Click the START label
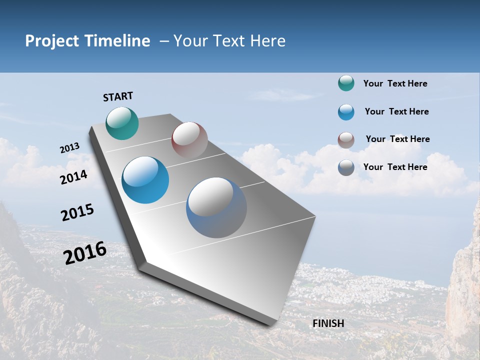tap(118, 96)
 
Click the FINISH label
tap(328, 323)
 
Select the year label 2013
tap(70, 148)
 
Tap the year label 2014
tap(74, 177)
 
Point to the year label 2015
tap(77, 212)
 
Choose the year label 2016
tap(85, 253)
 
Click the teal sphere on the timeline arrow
tap(122, 123)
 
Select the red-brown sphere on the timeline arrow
tap(189, 140)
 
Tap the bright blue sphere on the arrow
tap(145, 180)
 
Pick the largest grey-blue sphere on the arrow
tap(216, 207)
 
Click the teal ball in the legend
tap(346, 83)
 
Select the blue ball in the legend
tap(346, 112)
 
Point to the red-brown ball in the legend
tap(346, 140)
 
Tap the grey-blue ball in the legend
tap(346, 167)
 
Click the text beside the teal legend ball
tap(395, 84)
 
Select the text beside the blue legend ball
tap(396, 111)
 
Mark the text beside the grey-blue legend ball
tap(395, 167)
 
